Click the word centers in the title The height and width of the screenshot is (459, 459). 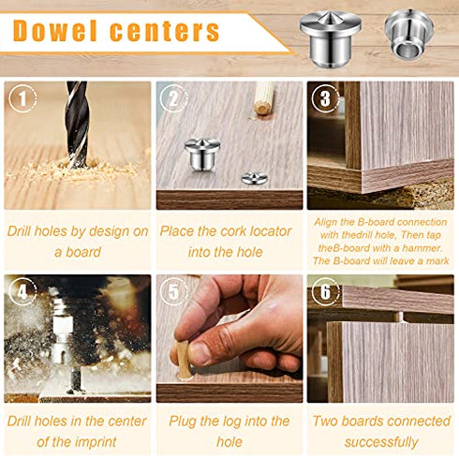(165, 31)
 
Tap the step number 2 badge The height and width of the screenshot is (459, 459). (171, 98)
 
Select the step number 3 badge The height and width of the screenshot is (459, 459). (324, 98)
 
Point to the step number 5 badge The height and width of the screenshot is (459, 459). (171, 291)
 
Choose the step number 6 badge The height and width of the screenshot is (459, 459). (324, 291)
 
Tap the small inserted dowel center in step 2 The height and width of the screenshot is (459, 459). (253, 177)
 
